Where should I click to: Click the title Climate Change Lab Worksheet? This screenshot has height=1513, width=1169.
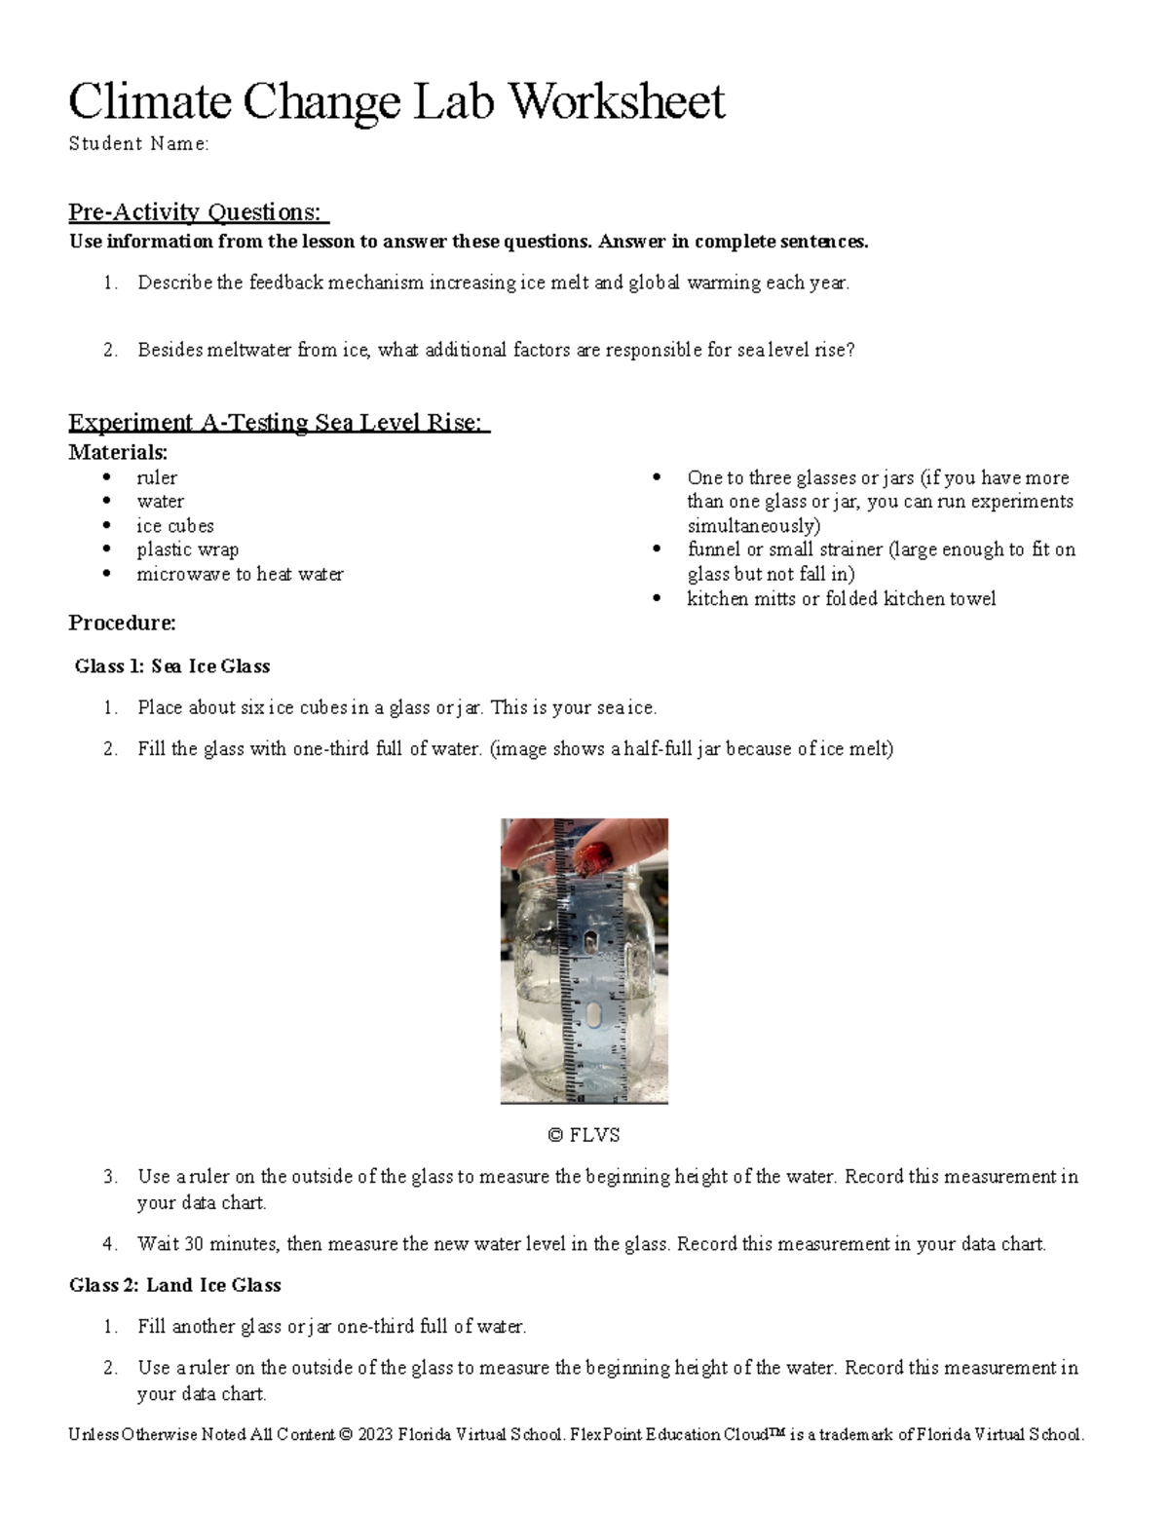[396, 101]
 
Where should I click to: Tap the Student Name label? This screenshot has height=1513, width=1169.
[138, 144]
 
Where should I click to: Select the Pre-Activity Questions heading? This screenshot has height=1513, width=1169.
[198, 211]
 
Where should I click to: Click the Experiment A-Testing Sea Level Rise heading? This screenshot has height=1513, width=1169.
[279, 422]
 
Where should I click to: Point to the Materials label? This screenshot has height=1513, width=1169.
[118, 452]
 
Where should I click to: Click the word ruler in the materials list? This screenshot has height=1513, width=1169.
[157, 477]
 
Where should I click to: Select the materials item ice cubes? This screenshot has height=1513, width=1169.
[175, 525]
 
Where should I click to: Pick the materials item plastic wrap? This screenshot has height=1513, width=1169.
[187, 549]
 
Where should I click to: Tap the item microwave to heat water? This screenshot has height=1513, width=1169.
[240, 574]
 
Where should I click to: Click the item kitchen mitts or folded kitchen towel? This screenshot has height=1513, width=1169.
[841, 598]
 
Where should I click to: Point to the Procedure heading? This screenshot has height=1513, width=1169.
[122, 623]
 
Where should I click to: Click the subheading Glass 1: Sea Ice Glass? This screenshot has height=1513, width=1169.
[172, 666]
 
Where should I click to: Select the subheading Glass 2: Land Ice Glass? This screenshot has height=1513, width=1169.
[174, 1285]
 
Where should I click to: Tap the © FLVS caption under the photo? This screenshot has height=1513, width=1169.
[584, 1135]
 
